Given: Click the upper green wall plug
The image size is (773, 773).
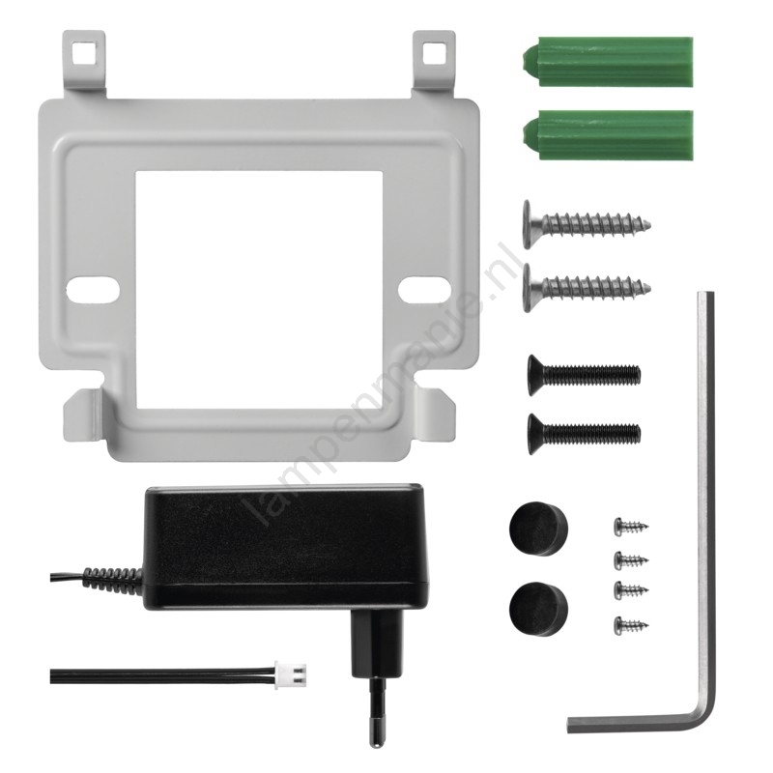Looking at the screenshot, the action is pos(608,61).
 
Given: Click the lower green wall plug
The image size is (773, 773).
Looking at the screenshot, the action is pos(608,135).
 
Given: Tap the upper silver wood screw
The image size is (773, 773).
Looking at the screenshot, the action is pos(587,225).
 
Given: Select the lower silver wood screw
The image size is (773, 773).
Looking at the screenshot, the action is pos(587,287).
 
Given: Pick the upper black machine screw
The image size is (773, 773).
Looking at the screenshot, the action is pos(585,375).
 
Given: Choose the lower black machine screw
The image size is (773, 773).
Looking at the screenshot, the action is pos(585,434).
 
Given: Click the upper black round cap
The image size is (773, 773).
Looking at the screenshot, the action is pos(538,529).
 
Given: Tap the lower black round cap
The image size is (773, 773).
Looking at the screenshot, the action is pos(538,609).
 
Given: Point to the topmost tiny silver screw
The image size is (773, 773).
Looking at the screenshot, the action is pos(631,527).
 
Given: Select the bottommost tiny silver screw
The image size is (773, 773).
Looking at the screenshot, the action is pos(631,625).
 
